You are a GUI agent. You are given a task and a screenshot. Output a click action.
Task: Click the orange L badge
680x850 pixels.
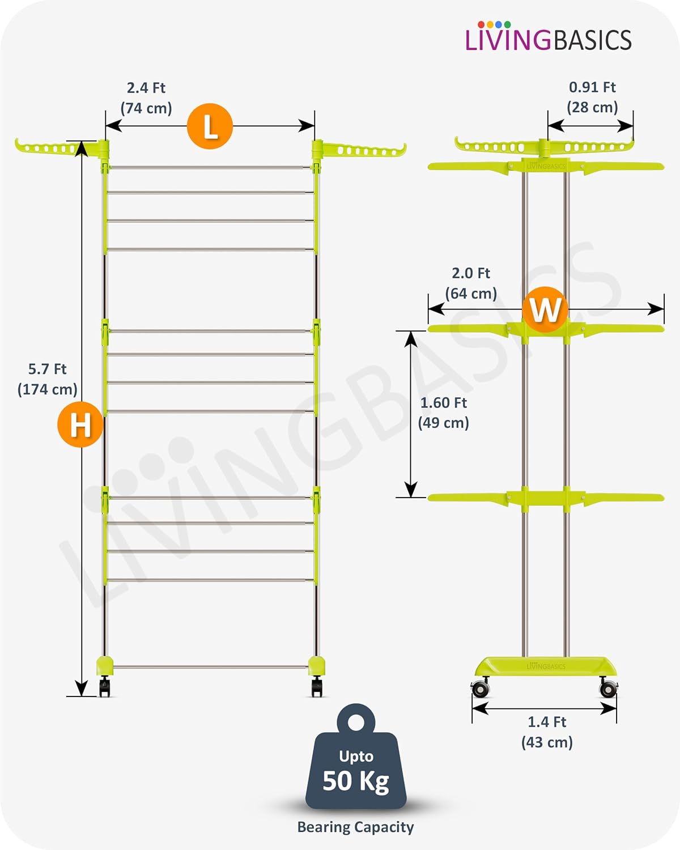point(210,126)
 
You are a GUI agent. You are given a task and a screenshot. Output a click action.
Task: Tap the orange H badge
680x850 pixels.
point(80,424)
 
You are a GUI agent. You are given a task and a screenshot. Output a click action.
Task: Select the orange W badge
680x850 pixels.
point(545,309)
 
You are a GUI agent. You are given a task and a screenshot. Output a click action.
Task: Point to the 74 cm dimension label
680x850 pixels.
point(146,108)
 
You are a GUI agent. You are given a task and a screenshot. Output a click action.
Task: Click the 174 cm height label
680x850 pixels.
point(48,389)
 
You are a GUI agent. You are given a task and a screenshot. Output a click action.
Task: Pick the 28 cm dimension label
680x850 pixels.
point(592,108)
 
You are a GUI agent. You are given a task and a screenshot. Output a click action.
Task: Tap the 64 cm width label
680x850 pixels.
point(471,294)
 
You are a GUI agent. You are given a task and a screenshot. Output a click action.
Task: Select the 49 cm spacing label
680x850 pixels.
point(444,423)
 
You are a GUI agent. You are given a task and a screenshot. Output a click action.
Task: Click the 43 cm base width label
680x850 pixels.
point(547,742)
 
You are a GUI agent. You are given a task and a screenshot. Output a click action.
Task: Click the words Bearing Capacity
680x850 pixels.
point(356,827)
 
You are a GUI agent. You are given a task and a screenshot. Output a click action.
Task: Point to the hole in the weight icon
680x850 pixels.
point(356,722)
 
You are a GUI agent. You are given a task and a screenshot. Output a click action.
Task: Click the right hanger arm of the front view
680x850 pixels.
point(359,149)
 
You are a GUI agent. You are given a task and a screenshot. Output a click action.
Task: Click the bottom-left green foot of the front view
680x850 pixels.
point(105,666)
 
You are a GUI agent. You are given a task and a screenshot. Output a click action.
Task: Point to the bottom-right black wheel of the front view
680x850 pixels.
point(317,687)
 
